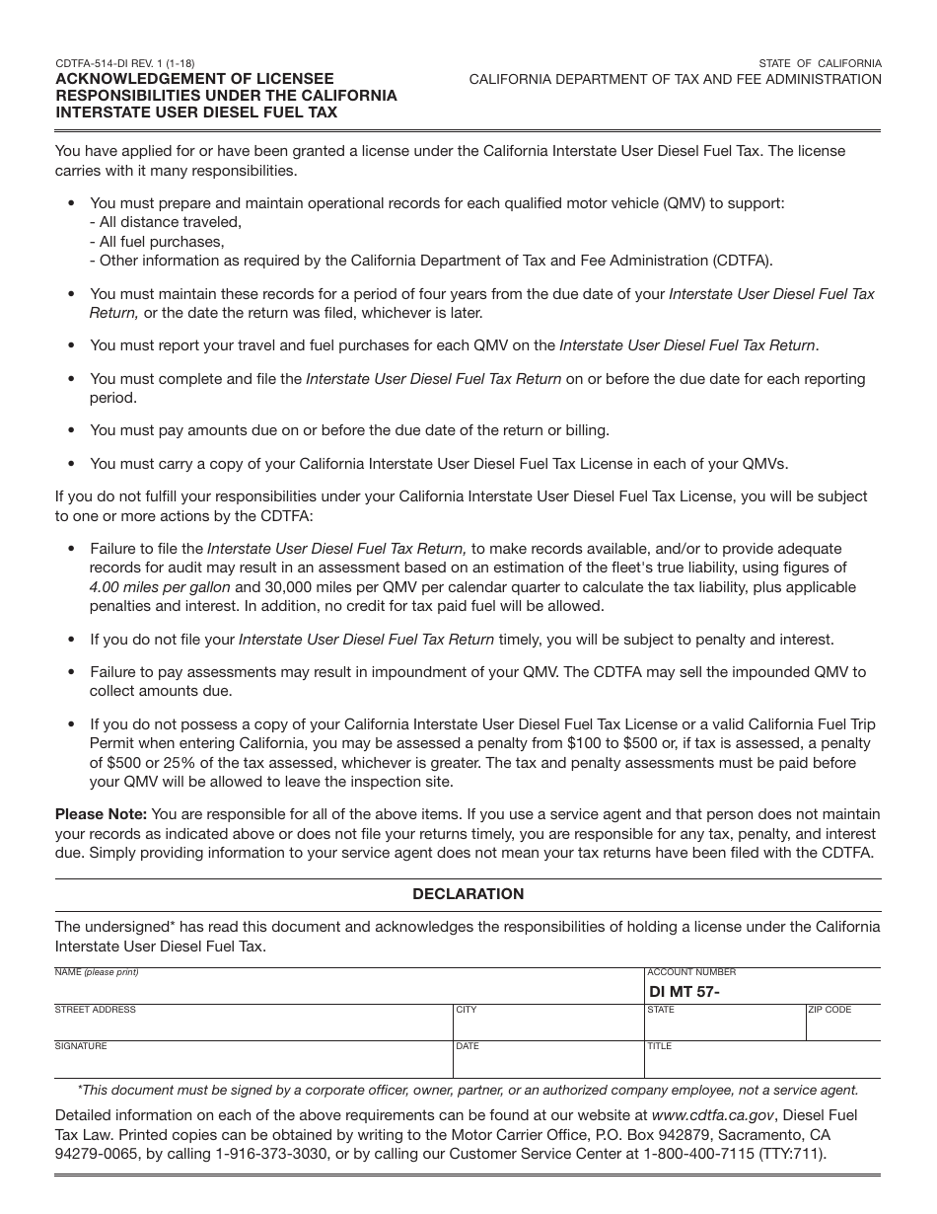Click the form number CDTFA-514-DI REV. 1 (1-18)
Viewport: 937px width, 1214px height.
click(x=124, y=63)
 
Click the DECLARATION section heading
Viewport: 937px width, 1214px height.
click(x=468, y=894)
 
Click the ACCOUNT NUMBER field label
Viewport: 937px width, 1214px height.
click(x=691, y=972)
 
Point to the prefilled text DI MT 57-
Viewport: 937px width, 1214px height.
click(x=685, y=992)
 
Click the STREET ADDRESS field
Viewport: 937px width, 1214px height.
click(x=252, y=1026)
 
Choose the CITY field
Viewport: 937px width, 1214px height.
click(x=547, y=1026)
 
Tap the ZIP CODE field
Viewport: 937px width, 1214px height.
click(x=842, y=1026)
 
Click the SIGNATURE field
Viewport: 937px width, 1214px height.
click(x=252, y=1063)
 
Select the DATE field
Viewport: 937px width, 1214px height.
click(x=547, y=1063)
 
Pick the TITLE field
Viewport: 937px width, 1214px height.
click(x=762, y=1063)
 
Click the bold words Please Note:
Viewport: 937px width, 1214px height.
click(x=101, y=814)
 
